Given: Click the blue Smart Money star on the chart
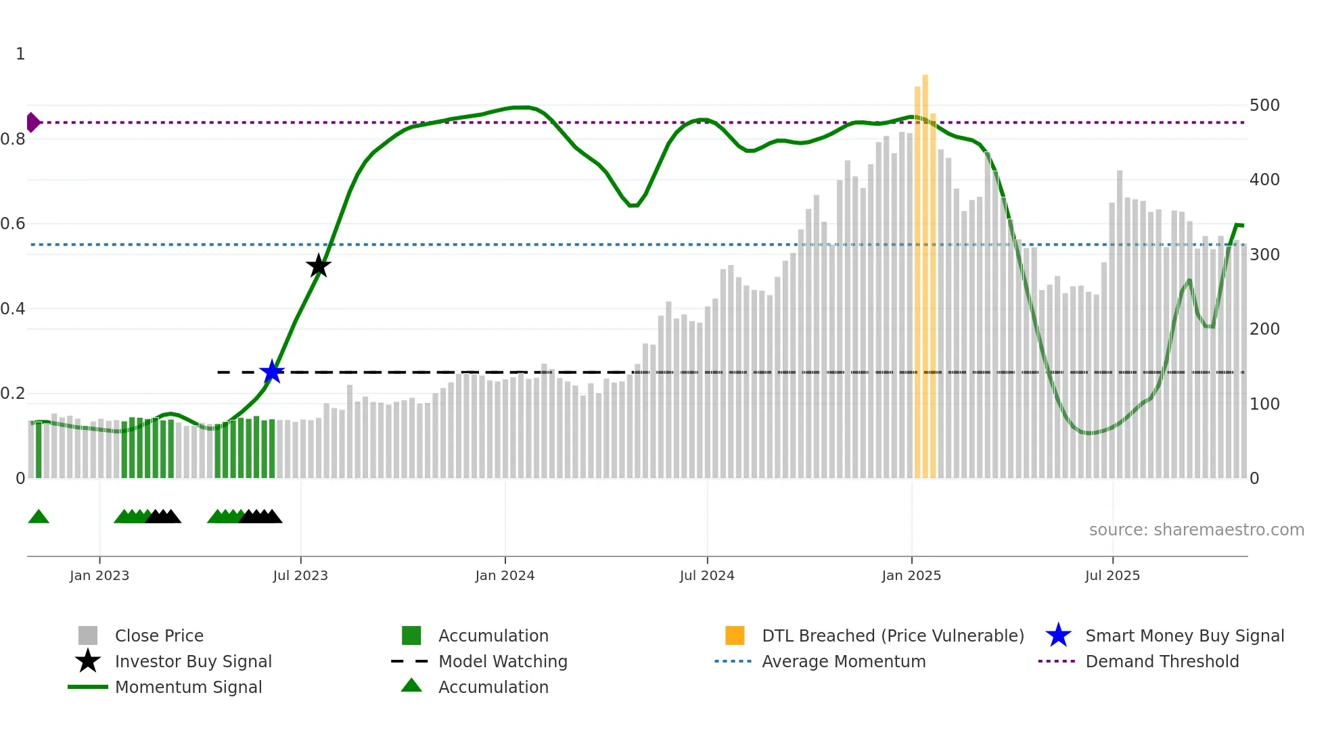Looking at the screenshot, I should point(272,372).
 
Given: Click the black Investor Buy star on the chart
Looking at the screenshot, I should point(318,266).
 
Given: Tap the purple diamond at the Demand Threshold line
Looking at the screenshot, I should point(32,122).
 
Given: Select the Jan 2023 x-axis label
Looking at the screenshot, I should point(99,575).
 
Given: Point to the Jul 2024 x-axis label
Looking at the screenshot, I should point(707,575).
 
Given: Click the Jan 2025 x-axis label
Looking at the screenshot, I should point(911,575).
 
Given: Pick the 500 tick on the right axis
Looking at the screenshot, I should point(1264,105).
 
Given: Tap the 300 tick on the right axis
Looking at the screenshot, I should point(1264,255).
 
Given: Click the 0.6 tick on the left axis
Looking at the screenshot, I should point(14,224).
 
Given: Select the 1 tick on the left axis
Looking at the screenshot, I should point(20,54).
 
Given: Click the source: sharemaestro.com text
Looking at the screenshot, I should point(1196,530).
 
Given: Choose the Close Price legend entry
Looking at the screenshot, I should point(159,636).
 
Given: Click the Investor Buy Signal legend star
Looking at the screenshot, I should point(88,661).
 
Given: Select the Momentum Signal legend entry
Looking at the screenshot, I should point(188,688).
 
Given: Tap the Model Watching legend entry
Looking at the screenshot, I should point(503,662).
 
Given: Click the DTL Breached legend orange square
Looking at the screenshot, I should point(735,635).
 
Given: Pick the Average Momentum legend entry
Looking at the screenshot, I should point(844,662).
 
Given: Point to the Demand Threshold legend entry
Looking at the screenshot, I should point(1162,662).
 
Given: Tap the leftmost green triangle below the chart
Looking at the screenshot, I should point(39,517).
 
